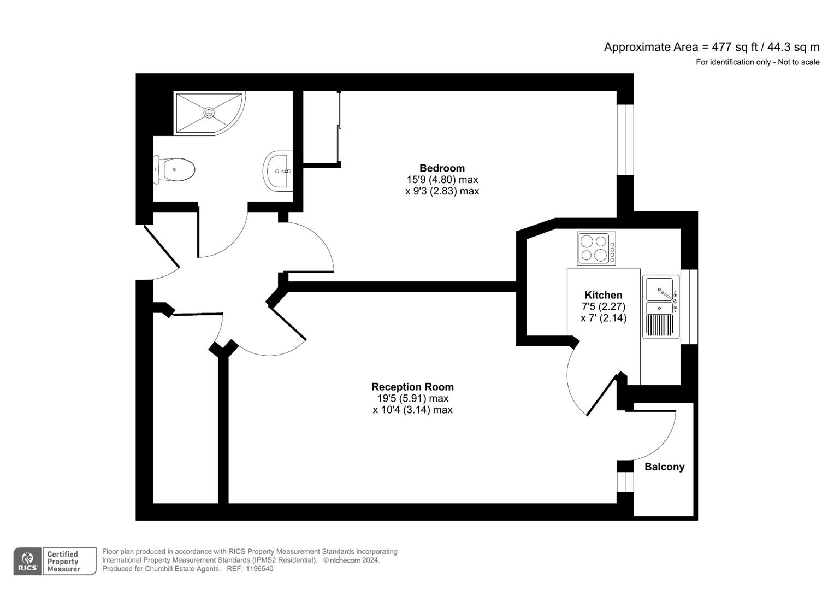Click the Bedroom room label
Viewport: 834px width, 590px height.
click(442, 168)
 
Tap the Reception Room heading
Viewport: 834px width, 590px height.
click(412, 387)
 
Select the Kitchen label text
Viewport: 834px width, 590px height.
click(603, 295)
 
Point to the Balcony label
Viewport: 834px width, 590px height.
click(664, 467)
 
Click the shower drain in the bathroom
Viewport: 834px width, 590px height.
click(209, 113)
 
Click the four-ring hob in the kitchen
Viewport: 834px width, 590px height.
click(596, 249)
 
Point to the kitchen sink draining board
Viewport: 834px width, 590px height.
click(660, 326)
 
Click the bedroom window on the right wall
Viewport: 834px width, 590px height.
click(625, 139)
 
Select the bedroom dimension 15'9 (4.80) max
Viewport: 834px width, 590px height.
click(442, 180)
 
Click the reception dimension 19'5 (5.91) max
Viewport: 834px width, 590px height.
click(412, 399)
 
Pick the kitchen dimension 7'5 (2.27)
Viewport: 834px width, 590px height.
click(604, 306)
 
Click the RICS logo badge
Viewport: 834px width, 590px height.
click(27, 561)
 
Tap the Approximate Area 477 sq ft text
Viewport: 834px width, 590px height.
click(711, 47)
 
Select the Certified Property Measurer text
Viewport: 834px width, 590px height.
click(63, 562)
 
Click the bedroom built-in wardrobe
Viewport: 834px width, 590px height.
click(321, 128)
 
